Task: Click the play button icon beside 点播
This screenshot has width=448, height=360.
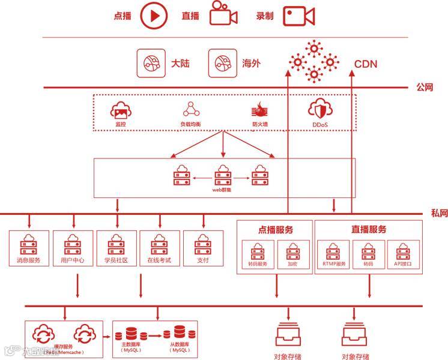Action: coord(153,16)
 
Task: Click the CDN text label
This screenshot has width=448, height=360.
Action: coord(366,64)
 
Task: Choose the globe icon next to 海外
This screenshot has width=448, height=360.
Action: coord(220,63)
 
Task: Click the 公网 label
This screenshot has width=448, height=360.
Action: coord(425,88)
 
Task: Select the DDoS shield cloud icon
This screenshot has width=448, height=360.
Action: coord(319,110)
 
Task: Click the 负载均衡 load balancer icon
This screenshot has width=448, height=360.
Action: coord(191,110)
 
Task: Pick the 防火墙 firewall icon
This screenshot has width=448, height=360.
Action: coord(259,110)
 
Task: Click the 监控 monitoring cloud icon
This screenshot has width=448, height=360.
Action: coord(121,110)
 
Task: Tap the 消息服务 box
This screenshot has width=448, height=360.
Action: coord(28,249)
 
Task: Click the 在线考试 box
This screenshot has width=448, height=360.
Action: coord(160,249)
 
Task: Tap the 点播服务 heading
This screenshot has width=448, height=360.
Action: coord(276,229)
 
